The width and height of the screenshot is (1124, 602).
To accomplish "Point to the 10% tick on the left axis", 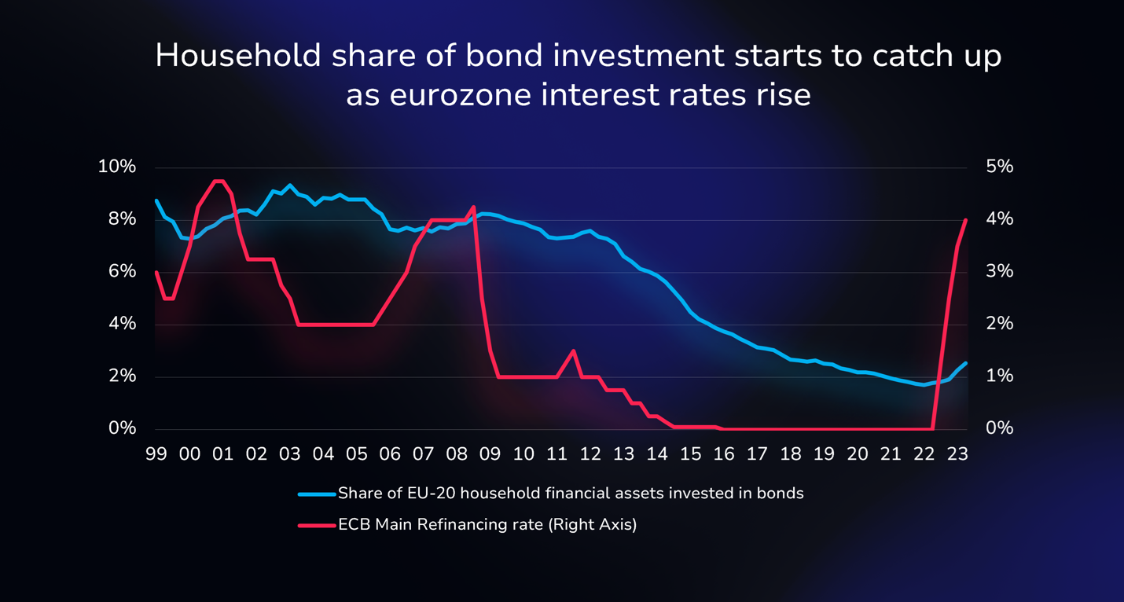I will (x=117, y=167).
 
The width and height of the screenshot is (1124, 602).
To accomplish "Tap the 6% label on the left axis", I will (x=122, y=271).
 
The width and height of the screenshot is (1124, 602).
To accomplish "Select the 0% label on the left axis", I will (x=122, y=428).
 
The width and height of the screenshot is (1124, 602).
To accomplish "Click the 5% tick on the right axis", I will (x=1000, y=167).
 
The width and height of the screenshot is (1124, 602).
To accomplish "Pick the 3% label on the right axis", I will (x=1000, y=271).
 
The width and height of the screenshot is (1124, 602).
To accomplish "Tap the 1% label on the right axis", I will (x=1000, y=376).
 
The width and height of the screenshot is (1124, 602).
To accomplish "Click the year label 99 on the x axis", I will (x=156, y=454).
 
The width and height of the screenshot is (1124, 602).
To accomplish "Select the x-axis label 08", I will (x=457, y=454).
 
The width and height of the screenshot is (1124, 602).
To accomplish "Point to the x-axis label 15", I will (x=690, y=454).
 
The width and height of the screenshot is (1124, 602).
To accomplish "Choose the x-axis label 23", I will (x=957, y=454).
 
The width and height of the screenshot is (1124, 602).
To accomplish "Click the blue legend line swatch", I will (x=317, y=494).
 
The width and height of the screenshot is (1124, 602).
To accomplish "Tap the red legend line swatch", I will (x=317, y=525).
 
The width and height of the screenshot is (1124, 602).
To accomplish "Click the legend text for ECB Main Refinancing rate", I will (x=487, y=525).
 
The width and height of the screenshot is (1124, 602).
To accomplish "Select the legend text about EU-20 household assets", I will (x=571, y=494).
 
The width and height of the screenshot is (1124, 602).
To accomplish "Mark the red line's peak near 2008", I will (x=473, y=207).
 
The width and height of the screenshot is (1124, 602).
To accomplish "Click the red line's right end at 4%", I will (x=965, y=220).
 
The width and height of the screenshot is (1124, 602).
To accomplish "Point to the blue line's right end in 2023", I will (x=965, y=363).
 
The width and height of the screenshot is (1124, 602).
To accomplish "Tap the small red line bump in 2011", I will (x=573, y=351).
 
